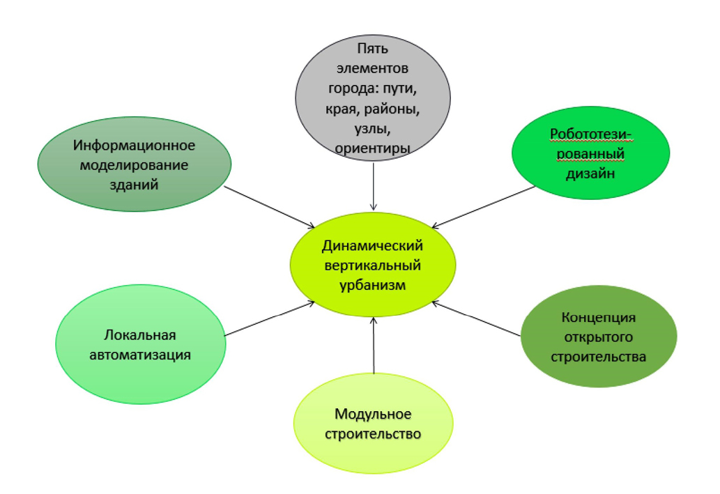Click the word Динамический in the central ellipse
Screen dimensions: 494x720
tap(372, 247)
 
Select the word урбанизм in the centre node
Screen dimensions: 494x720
tap(372, 284)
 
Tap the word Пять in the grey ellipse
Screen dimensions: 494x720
tap(372, 49)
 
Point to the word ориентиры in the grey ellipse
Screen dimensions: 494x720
tap(372, 148)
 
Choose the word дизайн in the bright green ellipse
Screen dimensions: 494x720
tap(590, 174)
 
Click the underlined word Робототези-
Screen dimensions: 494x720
tap(590, 134)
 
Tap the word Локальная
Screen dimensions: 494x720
tap(141, 333)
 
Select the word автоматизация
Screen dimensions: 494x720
tap(141, 355)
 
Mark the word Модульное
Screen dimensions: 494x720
tap(373, 415)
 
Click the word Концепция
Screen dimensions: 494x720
tap(599, 318)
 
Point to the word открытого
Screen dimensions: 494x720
tap(599, 338)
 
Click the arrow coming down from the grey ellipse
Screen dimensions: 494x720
tap(374, 187)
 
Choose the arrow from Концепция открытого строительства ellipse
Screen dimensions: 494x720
tap(477, 319)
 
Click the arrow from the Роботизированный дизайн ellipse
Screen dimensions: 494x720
tap(477, 207)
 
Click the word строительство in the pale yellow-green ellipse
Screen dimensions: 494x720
tap(373, 434)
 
